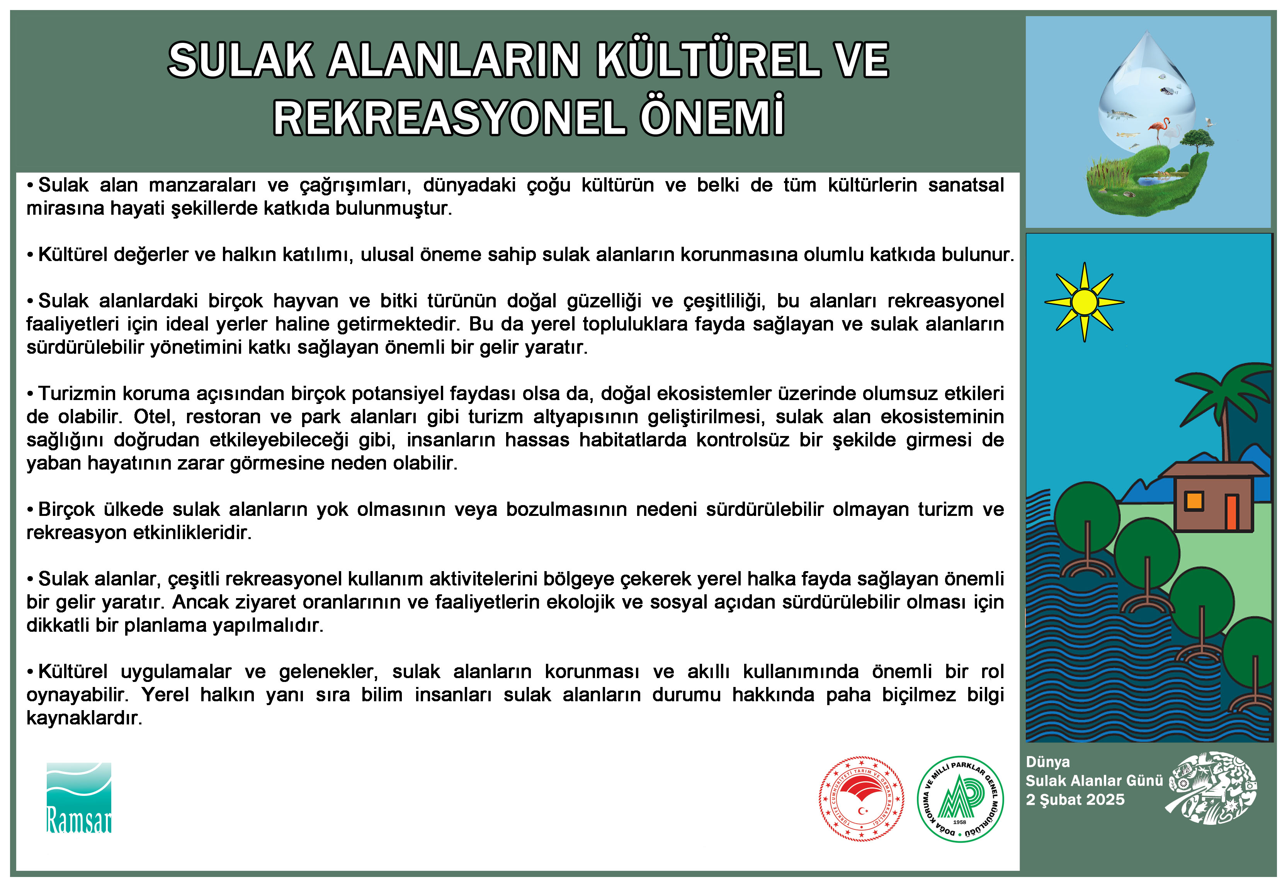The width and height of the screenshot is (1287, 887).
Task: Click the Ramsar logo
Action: click(79, 797)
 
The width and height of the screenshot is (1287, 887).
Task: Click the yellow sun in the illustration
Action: click(1084, 302)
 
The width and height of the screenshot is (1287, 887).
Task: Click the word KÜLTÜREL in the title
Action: click(708, 60)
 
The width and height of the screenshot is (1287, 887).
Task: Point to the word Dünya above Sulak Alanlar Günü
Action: click(1047, 762)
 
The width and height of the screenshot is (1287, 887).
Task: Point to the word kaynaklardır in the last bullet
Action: click(84, 718)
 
